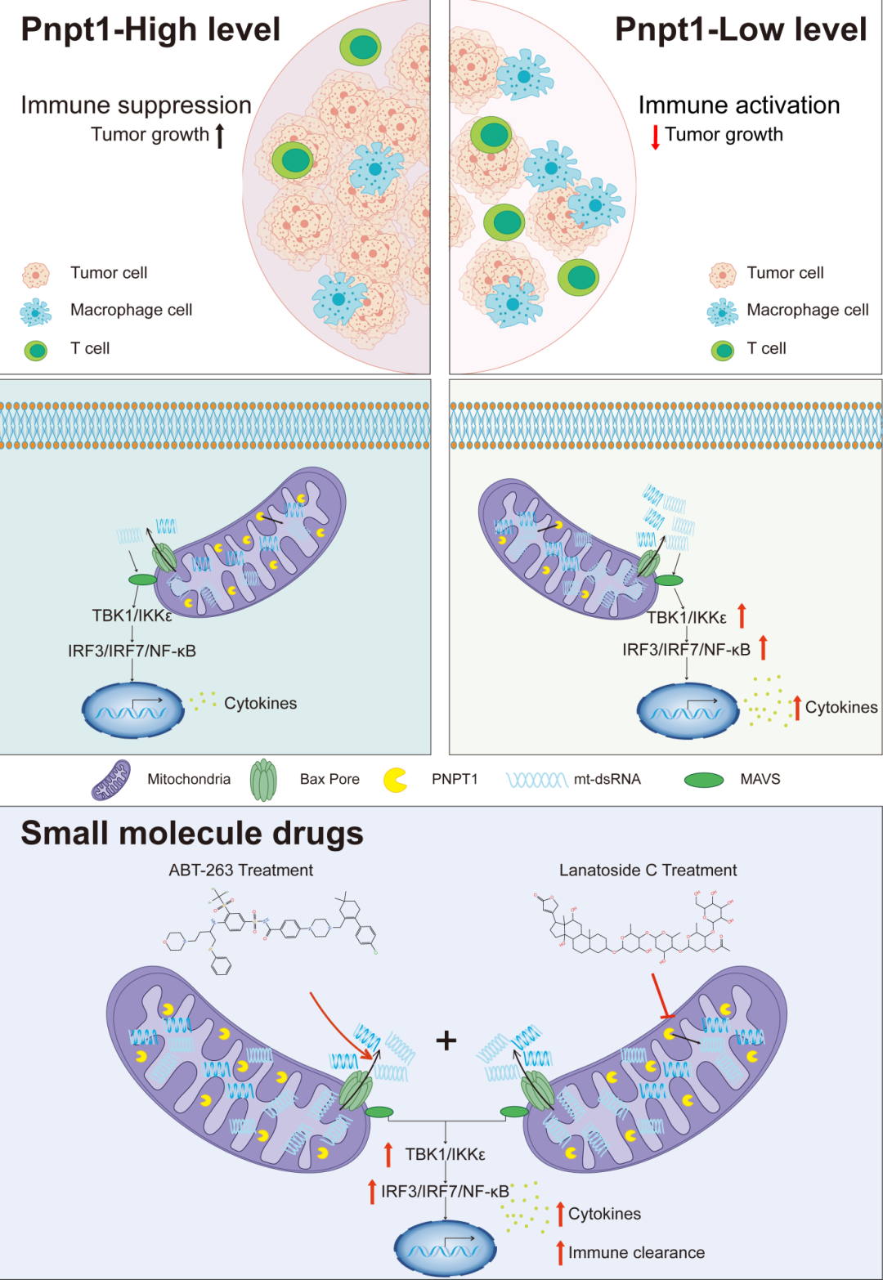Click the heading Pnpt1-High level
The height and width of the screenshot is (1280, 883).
pos(150,29)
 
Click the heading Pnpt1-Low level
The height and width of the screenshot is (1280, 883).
pos(740,29)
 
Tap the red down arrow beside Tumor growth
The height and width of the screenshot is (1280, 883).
pos(655,137)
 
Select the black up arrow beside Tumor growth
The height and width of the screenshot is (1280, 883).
pos(219,135)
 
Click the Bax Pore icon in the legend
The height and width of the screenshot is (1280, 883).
pos(263,780)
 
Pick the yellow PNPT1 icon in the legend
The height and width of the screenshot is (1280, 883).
pos(396,780)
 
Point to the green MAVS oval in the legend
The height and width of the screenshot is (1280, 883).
pos(703,780)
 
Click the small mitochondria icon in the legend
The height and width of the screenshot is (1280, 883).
pos(111,780)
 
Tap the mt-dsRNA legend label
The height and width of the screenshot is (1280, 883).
pos(607,780)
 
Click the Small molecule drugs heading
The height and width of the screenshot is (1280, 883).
pos(192,834)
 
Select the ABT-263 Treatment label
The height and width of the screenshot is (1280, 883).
pos(240,870)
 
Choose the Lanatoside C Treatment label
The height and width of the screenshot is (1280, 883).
pos(648,870)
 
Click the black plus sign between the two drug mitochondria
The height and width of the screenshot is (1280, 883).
pos(446,1041)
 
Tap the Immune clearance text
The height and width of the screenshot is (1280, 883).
pos(636,1252)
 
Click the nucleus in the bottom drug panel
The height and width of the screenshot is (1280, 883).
pos(445,1248)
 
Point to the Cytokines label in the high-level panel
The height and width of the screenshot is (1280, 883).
pos(260,704)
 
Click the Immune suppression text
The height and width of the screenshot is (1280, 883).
pos(136,105)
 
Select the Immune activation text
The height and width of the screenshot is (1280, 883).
pos(739,105)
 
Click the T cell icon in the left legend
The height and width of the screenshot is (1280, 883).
pos(36,350)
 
